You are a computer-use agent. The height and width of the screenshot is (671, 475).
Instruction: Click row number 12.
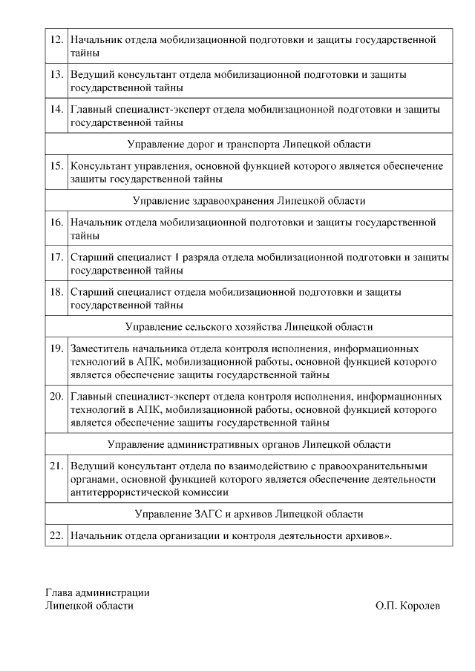[x=56, y=39]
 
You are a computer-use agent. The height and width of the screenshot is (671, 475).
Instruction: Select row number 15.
[x=56, y=166]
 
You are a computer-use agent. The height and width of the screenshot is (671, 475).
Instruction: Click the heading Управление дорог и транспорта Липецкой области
[x=249, y=144]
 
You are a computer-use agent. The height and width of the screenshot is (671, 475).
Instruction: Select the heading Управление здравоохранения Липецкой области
[x=249, y=201]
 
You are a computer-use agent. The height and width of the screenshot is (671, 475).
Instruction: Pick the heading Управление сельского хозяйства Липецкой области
[x=249, y=326]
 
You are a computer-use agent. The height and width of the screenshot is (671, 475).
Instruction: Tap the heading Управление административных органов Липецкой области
[x=249, y=444]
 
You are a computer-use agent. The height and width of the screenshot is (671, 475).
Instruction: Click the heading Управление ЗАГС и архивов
[x=249, y=514]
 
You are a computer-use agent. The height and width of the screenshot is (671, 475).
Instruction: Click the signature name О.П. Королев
[x=407, y=606]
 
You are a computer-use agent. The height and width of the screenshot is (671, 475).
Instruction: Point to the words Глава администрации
[x=97, y=592]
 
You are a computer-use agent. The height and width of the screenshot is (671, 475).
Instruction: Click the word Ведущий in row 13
[x=91, y=75]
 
